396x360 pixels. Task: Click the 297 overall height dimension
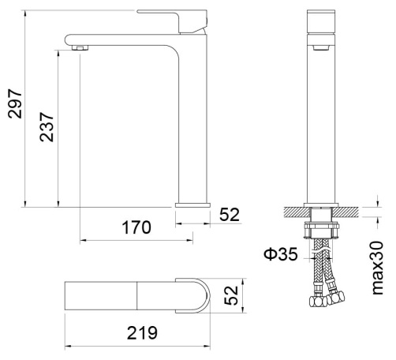(x=15, y=103)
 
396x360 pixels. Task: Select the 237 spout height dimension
(x=47, y=127)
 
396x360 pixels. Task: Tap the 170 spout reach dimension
(x=136, y=227)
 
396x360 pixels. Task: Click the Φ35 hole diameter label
(x=281, y=254)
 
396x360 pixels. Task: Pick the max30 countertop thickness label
(x=378, y=268)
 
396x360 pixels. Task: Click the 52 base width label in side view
(x=230, y=215)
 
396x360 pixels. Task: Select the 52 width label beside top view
(x=231, y=295)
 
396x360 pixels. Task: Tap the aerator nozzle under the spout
(x=80, y=47)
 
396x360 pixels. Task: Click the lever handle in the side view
(x=172, y=21)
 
